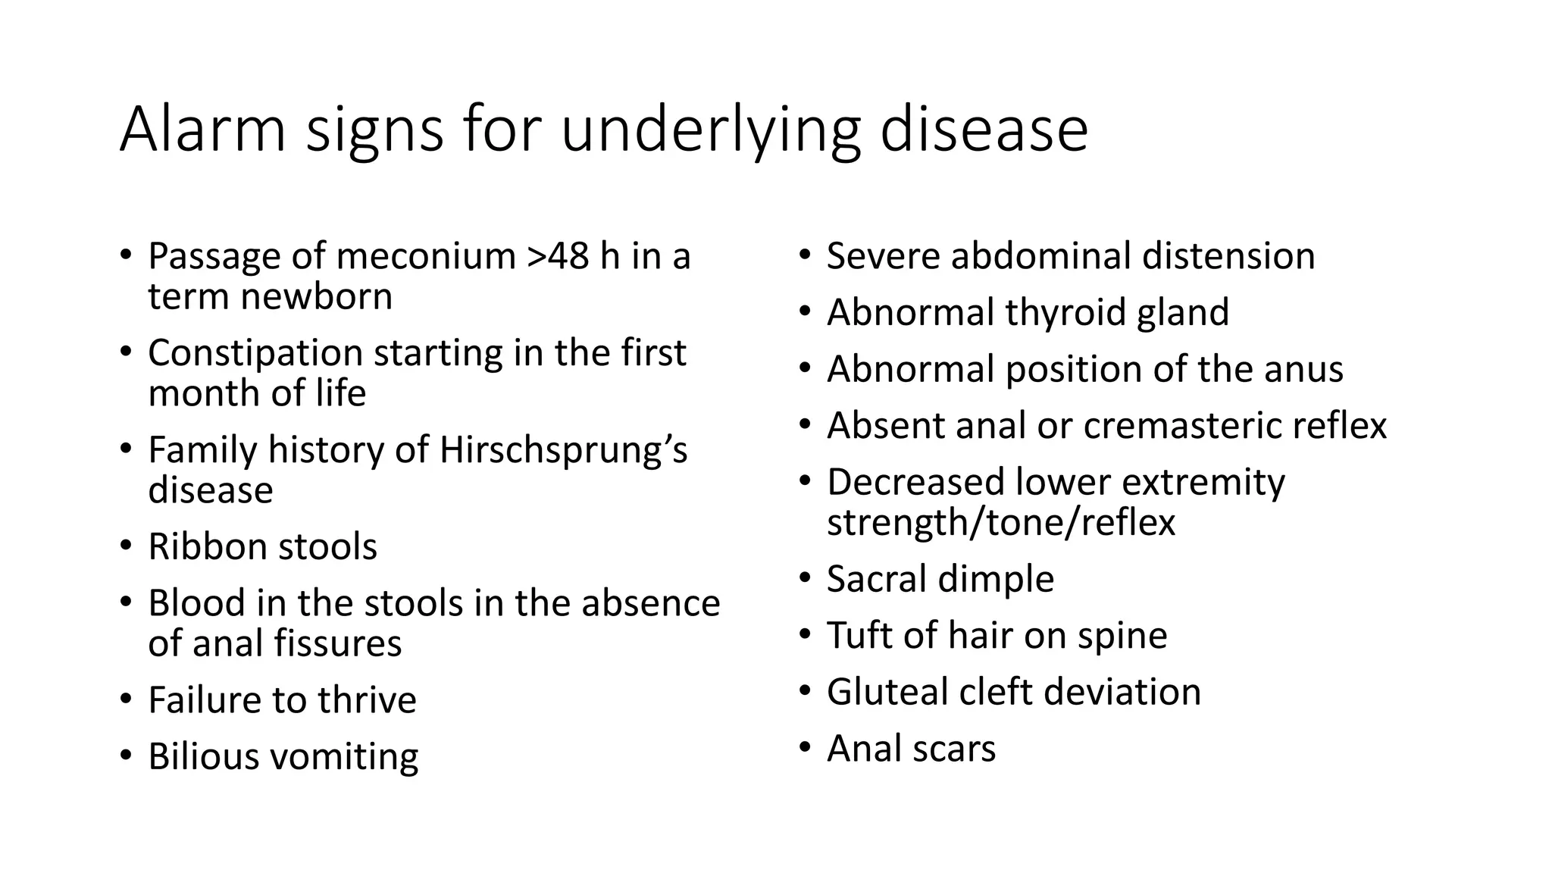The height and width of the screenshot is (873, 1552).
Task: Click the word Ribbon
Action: (x=205, y=546)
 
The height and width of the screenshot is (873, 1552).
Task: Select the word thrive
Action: (x=367, y=700)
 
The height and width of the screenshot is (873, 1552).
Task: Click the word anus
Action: (x=1303, y=370)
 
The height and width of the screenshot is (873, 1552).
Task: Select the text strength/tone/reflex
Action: (x=1000, y=523)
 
